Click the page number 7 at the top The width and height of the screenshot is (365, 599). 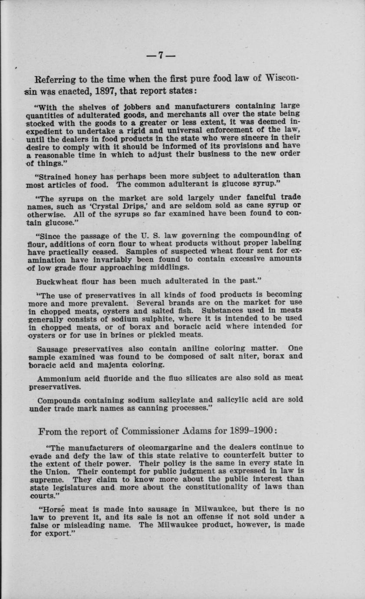click(160, 56)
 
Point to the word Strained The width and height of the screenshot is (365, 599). click(59, 177)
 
